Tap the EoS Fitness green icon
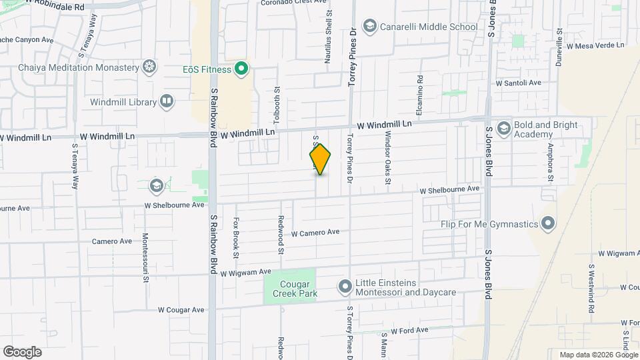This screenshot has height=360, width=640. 242,69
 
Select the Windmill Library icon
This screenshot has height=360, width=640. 167,102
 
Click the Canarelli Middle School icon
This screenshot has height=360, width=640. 369,27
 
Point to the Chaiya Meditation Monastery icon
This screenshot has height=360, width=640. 151,67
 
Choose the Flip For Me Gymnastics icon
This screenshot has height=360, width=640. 548,224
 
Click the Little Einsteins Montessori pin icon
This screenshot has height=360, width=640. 345,287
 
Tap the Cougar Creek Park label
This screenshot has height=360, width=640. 289,287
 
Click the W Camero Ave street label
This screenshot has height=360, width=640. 315,233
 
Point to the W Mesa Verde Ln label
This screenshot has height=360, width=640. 595,45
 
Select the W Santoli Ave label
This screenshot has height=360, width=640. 518,83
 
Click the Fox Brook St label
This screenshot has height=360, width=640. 236,237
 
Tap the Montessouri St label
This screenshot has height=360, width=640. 145,257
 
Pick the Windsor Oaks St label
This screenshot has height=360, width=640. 387,157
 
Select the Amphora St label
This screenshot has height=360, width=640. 551,162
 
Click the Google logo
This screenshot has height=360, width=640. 22,352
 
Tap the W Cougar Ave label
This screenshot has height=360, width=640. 181,310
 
